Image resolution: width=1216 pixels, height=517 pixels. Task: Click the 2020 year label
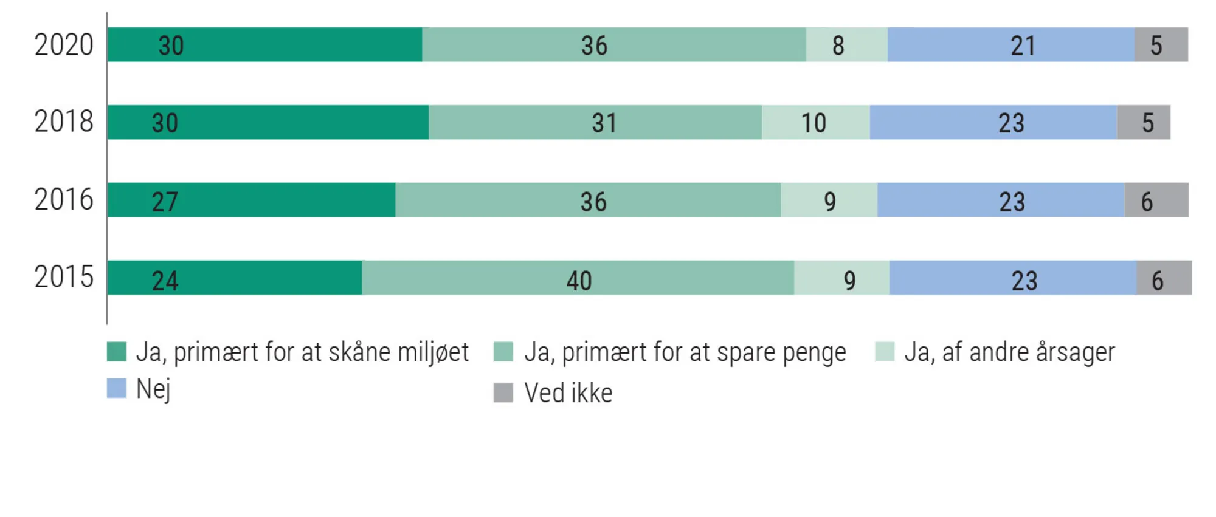click(x=64, y=45)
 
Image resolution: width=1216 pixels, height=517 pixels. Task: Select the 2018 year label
click(x=64, y=122)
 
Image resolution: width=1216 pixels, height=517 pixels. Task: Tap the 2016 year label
click(x=64, y=200)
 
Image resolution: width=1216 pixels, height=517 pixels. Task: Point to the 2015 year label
click(x=64, y=277)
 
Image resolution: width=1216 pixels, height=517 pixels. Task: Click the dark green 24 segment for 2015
click(x=235, y=278)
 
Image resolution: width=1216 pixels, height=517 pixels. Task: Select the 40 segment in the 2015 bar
click(x=578, y=278)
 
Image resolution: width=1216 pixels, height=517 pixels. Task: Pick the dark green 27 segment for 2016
click(x=251, y=200)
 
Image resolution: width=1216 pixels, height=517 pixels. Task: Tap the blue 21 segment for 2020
click(x=1010, y=45)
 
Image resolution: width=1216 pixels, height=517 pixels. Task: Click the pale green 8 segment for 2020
click(x=846, y=45)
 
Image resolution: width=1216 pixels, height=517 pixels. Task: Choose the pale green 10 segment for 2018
click(x=815, y=122)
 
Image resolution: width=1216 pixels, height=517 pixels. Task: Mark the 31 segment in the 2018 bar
click(x=595, y=122)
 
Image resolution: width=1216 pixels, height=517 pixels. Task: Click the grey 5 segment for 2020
click(x=1161, y=45)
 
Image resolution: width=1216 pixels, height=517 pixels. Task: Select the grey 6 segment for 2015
click(x=1164, y=278)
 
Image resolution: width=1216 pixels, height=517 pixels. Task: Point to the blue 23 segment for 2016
click(x=1001, y=200)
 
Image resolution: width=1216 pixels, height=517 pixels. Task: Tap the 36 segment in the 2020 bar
click(x=614, y=45)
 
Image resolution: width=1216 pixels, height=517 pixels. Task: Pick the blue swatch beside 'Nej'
click(x=117, y=388)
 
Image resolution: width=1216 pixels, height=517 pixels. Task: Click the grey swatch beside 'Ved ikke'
click(x=503, y=392)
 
